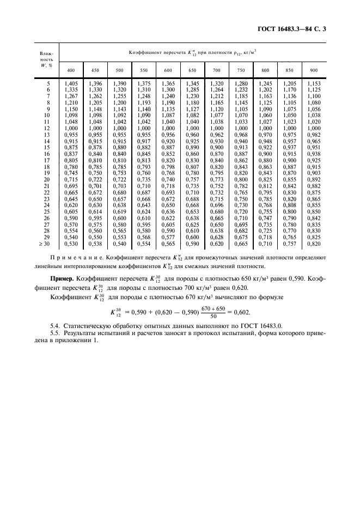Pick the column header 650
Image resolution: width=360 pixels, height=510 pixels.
(x=192, y=71)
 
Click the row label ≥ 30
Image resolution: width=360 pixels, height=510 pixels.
(x=46, y=245)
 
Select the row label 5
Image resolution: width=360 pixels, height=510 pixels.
(x=48, y=82)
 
